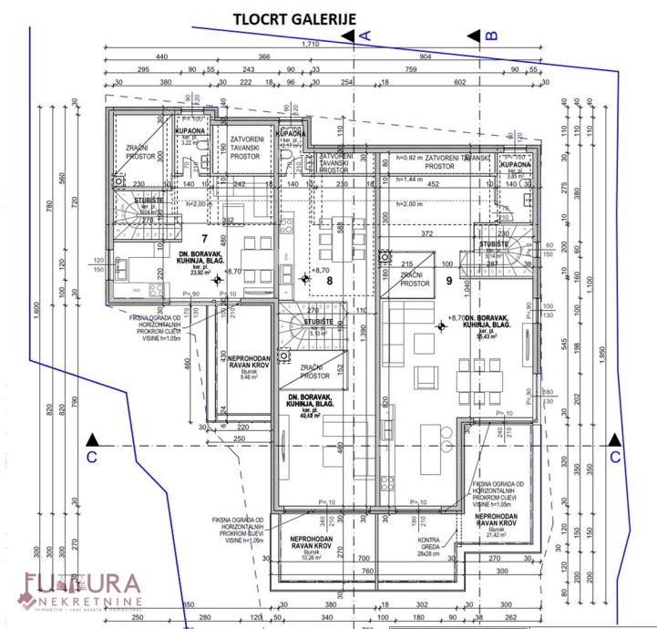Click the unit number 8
[x=331, y=281]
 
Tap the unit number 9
[x=449, y=281]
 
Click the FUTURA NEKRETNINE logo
[x=80, y=590]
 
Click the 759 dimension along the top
[x=411, y=69]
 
